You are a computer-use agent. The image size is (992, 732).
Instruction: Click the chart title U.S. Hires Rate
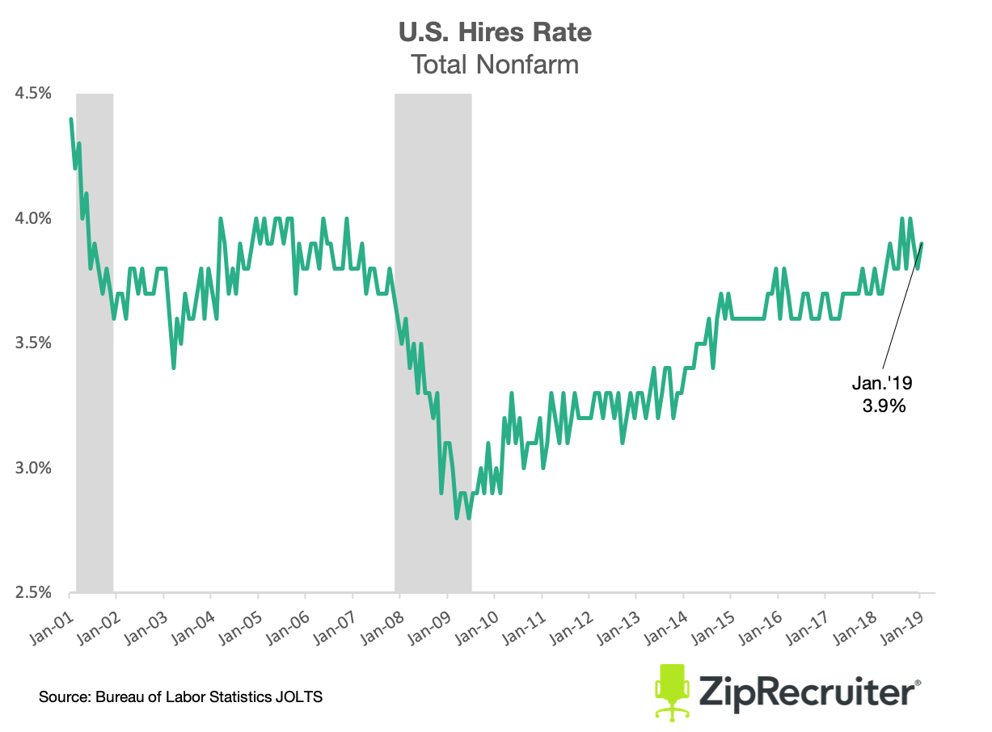(x=495, y=32)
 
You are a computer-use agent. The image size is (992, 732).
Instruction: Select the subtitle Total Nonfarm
(x=495, y=64)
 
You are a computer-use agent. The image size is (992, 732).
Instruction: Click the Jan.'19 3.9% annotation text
(x=883, y=394)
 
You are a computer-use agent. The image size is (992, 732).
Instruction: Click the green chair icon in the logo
(x=670, y=692)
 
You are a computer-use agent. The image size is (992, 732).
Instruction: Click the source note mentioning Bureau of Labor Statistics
(x=181, y=696)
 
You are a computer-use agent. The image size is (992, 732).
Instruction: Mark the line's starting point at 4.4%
(x=71, y=120)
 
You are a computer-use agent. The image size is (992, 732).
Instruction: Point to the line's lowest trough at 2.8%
(x=457, y=518)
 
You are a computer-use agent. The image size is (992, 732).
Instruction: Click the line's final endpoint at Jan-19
(x=922, y=243)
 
